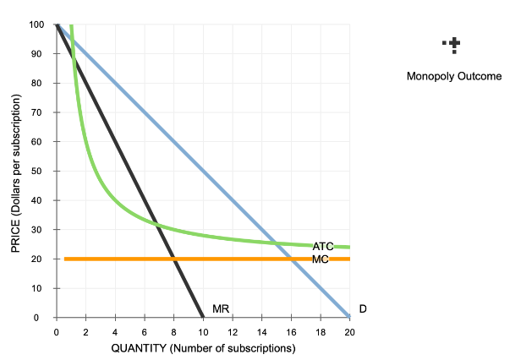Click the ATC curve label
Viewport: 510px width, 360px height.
click(x=323, y=246)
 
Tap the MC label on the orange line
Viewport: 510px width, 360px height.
click(x=321, y=259)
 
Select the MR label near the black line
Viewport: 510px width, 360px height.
click(x=222, y=309)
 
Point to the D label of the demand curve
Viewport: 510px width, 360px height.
click(x=363, y=309)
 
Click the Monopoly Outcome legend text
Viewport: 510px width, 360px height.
click(x=454, y=76)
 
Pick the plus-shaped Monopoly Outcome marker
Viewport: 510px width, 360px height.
click(x=455, y=44)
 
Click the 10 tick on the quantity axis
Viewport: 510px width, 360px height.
click(x=203, y=332)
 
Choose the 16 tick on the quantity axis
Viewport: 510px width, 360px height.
click(x=291, y=332)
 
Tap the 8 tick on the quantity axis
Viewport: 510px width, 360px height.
click(x=173, y=332)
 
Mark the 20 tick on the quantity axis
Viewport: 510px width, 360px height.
click(x=350, y=332)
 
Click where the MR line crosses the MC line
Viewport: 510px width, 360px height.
click(x=173, y=259)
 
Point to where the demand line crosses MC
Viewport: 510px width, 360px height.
click(x=291, y=259)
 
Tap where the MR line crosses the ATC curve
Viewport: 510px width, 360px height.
click(x=155, y=222)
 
